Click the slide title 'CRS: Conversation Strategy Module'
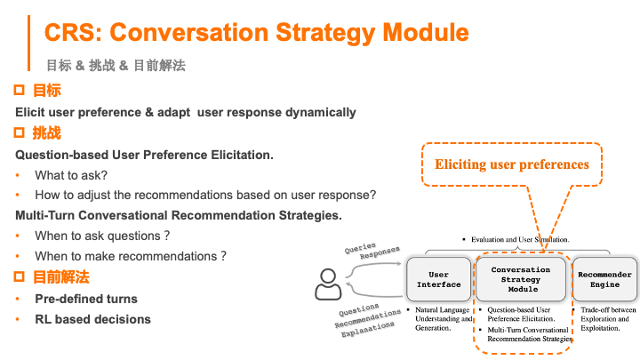tap(256, 33)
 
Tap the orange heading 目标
tap(46, 91)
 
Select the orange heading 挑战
tap(46, 133)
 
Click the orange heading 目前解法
tap(60, 277)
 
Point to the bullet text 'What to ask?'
tap(71, 175)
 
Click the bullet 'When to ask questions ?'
tap(102, 236)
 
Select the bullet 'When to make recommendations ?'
tap(130, 256)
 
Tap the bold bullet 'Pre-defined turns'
tap(85, 298)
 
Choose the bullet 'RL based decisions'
tap(92, 319)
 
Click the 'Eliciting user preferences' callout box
tap(511, 164)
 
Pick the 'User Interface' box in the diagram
tap(439, 279)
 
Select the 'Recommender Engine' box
tap(604, 279)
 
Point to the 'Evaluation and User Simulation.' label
tap(516, 240)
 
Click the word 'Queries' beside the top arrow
tap(357, 249)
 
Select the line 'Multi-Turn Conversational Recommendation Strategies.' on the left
tap(179, 215)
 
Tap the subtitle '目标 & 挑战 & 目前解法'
tap(116, 66)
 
